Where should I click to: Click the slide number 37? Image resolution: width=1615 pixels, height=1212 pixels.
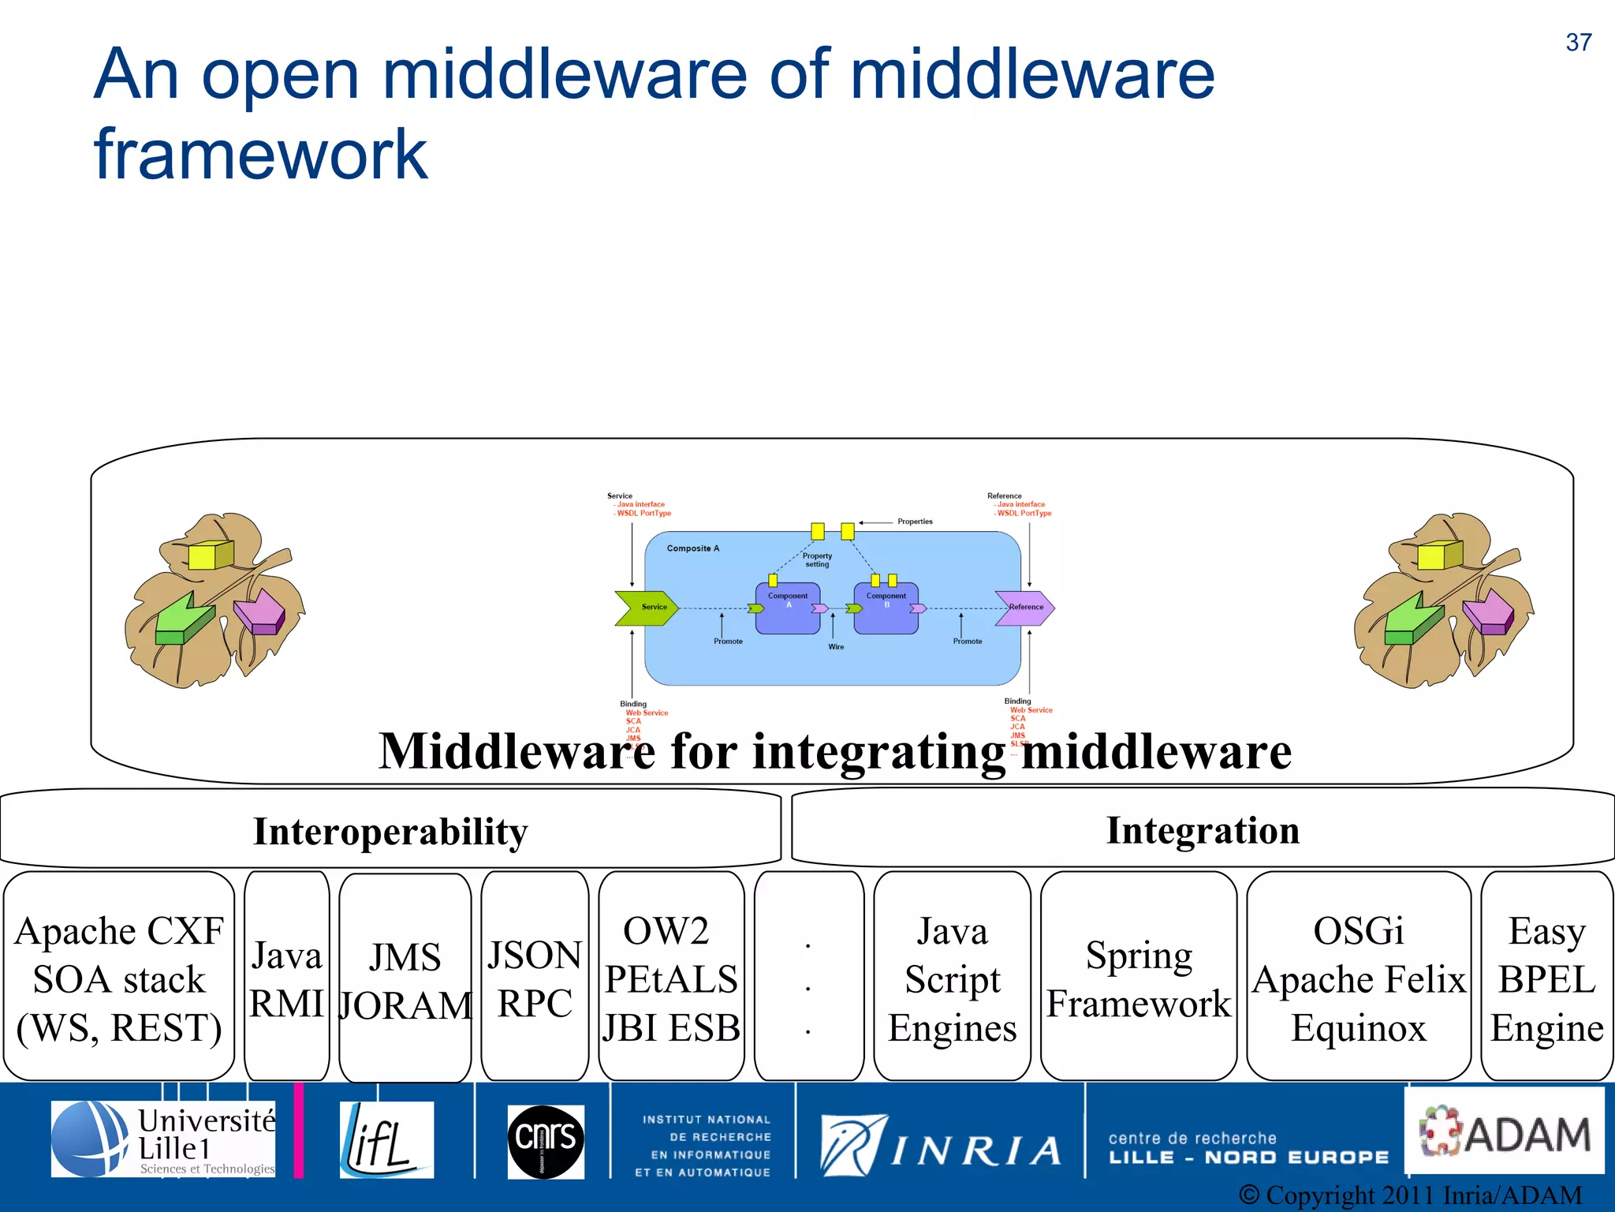pyautogui.click(x=1578, y=43)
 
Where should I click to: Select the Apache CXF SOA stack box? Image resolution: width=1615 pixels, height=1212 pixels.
pyautogui.click(x=119, y=978)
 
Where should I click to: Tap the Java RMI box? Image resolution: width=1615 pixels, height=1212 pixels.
pyautogui.click(x=286, y=978)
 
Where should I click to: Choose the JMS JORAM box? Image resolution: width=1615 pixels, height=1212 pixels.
pyautogui.click(x=405, y=979)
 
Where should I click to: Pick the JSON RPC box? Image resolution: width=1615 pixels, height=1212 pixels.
pyautogui.click(x=535, y=978)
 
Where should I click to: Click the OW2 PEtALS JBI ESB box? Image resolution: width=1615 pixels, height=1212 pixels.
pyautogui.click(x=670, y=978)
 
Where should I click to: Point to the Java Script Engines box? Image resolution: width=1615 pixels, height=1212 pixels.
pyautogui.click(x=952, y=978)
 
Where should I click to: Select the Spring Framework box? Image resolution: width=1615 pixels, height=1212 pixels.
pyautogui.click(x=1138, y=978)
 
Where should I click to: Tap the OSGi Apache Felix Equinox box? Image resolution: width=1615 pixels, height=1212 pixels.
pyautogui.click(x=1358, y=978)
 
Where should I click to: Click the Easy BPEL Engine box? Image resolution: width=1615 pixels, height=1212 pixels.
pyautogui.click(x=1546, y=978)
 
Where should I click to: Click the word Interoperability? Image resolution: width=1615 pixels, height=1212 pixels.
pyautogui.click(x=390, y=832)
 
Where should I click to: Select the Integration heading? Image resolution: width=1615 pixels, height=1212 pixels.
pyautogui.click(x=1203, y=830)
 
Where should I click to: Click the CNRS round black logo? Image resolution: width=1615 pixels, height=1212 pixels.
pyautogui.click(x=546, y=1141)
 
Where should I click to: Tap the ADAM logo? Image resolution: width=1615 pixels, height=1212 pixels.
pyautogui.click(x=1505, y=1133)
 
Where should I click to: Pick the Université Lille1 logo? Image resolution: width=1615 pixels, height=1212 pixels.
pyautogui.click(x=164, y=1139)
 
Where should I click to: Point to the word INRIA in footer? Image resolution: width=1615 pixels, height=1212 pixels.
pyautogui.click(x=976, y=1151)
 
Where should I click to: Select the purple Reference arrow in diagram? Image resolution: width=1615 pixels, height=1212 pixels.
pyautogui.click(x=1024, y=608)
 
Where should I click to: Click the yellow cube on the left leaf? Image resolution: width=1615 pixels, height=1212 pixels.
pyautogui.click(x=210, y=555)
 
